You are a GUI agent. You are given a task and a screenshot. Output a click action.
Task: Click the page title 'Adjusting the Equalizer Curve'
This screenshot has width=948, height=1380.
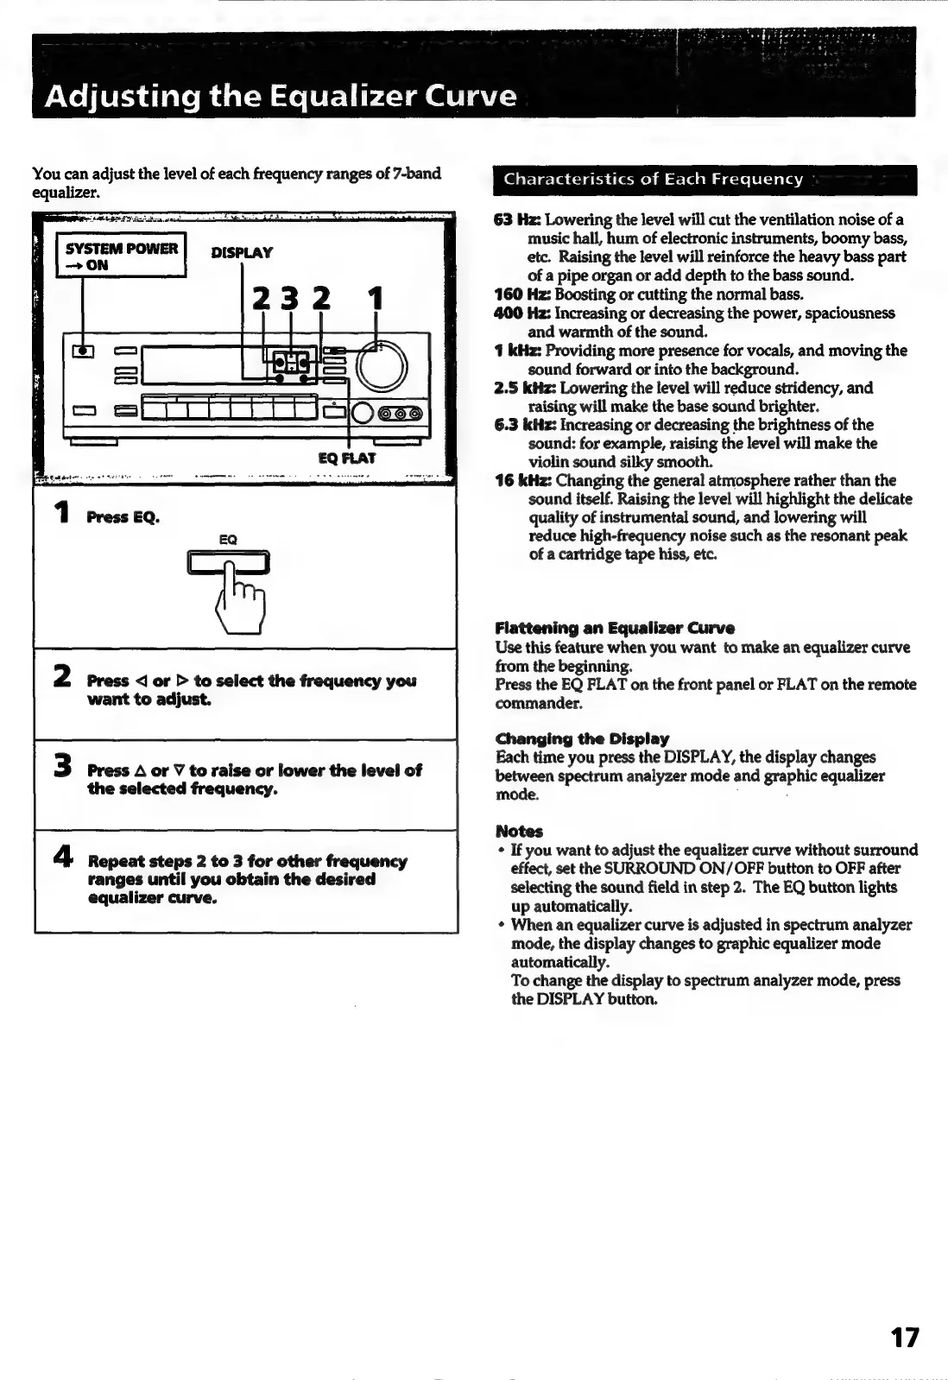[281, 95]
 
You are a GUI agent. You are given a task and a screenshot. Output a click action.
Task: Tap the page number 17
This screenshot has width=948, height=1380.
[904, 1338]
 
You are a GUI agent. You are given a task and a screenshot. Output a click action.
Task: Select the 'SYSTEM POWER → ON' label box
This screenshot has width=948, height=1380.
[121, 256]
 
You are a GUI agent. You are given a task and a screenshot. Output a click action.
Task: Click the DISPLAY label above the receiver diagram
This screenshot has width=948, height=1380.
[242, 253]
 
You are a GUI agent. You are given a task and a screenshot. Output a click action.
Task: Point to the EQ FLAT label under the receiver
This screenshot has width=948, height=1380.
[347, 458]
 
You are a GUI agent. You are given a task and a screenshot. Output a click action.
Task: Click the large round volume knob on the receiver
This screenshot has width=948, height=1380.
[381, 365]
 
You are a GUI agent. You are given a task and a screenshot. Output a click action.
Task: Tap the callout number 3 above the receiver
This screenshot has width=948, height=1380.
[290, 300]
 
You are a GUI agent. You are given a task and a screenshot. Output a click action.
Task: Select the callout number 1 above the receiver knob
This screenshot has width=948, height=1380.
[375, 300]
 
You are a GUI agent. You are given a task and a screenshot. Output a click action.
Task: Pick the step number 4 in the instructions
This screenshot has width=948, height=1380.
[62, 858]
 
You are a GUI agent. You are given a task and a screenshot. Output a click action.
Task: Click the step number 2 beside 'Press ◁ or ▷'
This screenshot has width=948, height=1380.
[62, 677]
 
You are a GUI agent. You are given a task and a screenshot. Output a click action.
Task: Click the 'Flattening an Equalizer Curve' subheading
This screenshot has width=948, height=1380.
[615, 628]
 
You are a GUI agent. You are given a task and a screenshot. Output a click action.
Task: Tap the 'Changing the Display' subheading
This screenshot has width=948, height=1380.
[582, 739]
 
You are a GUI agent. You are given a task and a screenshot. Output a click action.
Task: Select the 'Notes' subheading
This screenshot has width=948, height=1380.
[519, 832]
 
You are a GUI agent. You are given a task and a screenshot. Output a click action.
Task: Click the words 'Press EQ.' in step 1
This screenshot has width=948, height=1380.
[123, 517]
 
